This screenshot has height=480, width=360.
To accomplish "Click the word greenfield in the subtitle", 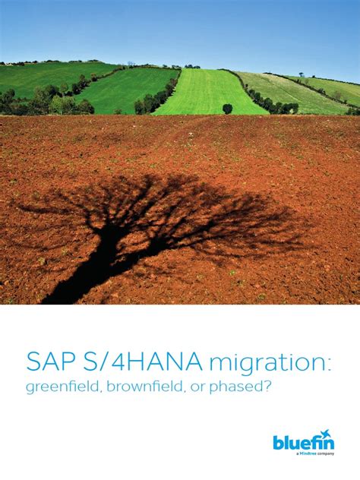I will [x=64, y=387].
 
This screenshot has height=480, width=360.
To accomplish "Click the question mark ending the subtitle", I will [x=268, y=387].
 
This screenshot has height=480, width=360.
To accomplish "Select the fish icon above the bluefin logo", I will [x=326, y=434].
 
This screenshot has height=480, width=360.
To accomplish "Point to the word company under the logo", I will [x=325, y=454].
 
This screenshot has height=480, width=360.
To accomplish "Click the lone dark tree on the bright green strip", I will [x=227, y=108].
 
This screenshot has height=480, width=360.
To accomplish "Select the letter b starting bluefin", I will [x=278, y=444].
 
